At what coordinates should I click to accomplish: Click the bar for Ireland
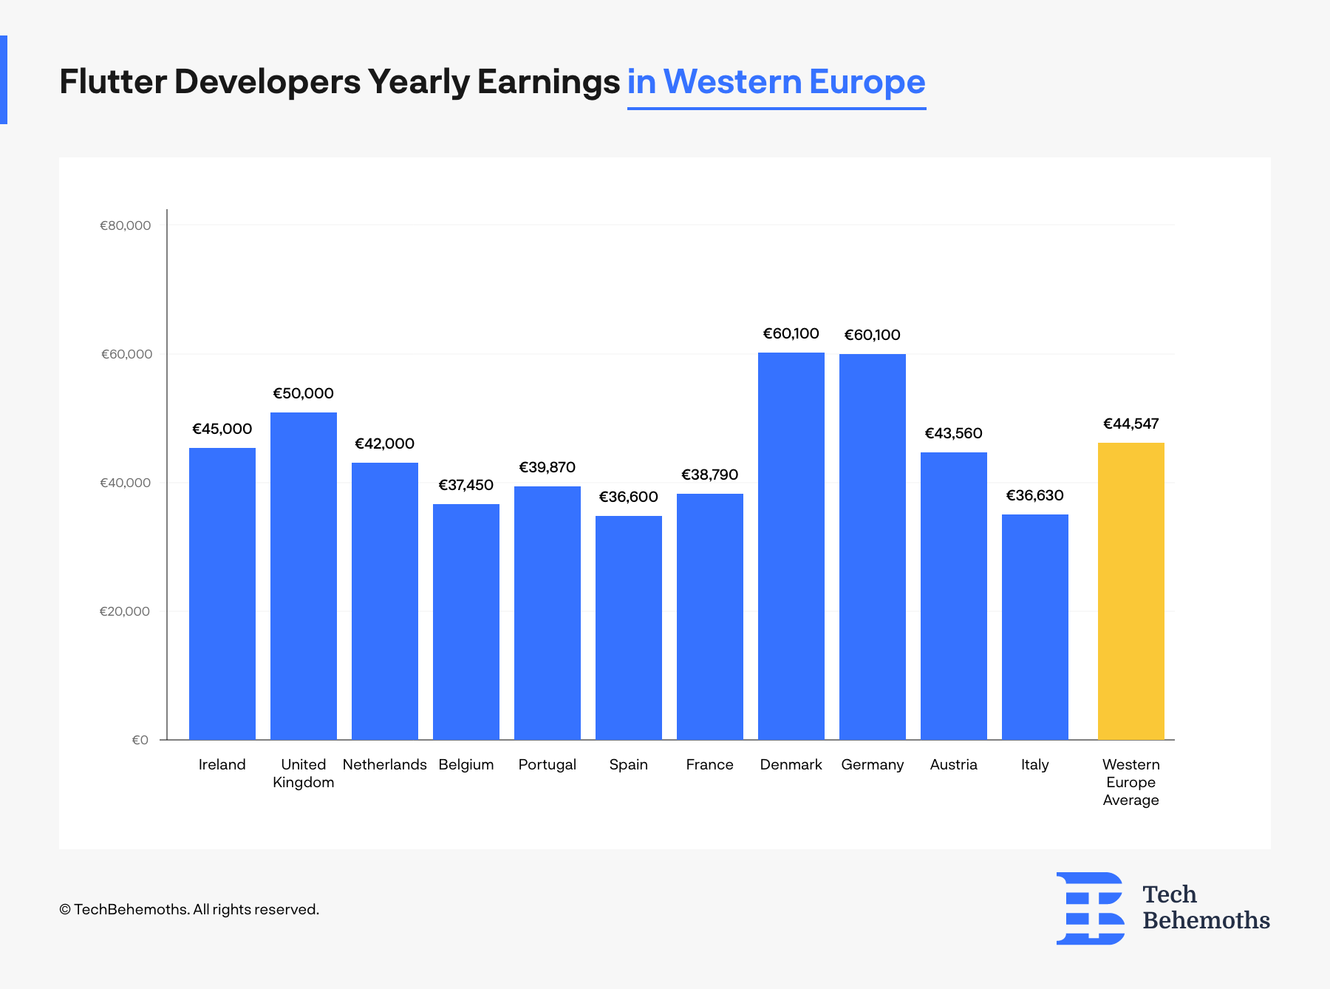(x=222, y=594)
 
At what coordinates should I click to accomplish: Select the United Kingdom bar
(x=304, y=576)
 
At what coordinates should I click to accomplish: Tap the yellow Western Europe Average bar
(x=1131, y=591)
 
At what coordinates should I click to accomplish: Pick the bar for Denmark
(x=791, y=546)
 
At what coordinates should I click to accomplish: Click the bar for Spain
(x=629, y=628)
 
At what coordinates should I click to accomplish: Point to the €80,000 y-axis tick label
(x=126, y=225)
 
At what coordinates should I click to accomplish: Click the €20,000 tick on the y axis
(x=125, y=611)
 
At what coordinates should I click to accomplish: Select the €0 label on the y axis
(x=140, y=740)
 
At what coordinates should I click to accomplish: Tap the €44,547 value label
(x=1131, y=424)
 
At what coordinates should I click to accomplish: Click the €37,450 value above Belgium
(x=466, y=485)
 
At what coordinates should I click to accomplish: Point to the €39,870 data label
(x=548, y=467)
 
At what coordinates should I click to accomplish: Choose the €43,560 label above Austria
(x=954, y=433)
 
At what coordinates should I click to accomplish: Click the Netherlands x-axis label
(x=385, y=764)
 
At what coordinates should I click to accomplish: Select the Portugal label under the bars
(x=548, y=765)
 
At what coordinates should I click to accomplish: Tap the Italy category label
(x=1035, y=765)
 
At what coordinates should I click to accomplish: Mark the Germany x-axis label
(x=873, y=765)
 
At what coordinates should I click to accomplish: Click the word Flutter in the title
(x=113, y=81)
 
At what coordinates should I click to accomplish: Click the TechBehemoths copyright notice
(x=189, y=909)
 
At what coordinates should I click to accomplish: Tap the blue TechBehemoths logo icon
(x=1091, y=908)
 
